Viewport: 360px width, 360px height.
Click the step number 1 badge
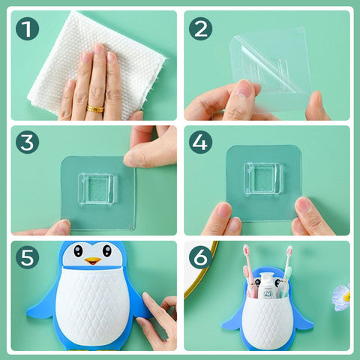[27, 28]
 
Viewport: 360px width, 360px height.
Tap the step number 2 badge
[200, 28]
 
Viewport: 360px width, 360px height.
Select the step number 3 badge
[27, 142]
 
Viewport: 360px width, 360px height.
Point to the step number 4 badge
[200, 142]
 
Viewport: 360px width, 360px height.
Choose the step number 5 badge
[27, 257]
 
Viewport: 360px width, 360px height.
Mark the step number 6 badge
[200, 257]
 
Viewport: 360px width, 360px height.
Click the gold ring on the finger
[95, 109]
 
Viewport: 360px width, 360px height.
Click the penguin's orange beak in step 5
[93, 261]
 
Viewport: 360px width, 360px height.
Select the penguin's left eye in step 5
[78, 250]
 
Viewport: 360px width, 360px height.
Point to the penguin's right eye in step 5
[107, 250]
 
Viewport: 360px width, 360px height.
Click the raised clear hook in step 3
[97, 188]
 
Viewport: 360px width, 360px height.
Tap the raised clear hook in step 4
[262, 178]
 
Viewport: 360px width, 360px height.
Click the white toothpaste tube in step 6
[268, 286]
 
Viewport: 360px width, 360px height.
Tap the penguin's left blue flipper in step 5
[43, 305]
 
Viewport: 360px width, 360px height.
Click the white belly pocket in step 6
[268, 321]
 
